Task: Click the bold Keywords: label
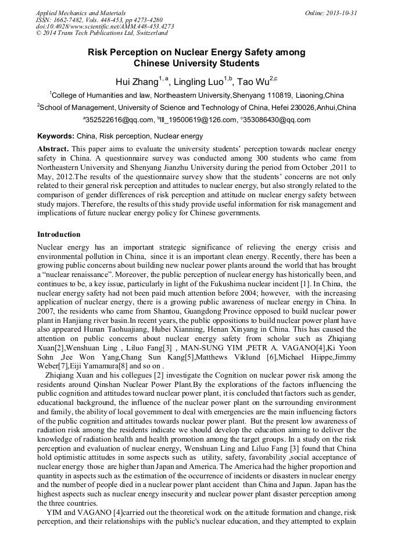[x=56, y=136]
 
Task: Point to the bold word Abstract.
[x=53, y=149]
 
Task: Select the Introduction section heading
[x=59, y=234]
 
